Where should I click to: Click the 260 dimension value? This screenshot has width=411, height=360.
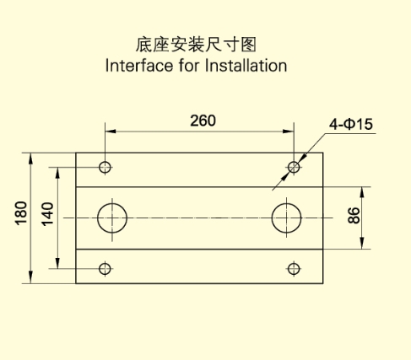coord(203,121)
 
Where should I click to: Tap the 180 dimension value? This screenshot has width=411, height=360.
coord(21,213)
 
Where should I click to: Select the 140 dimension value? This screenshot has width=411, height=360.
coord(47,214)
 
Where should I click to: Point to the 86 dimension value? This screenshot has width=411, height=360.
coord(354,215)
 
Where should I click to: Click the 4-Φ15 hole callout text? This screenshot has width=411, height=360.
coord(351,124)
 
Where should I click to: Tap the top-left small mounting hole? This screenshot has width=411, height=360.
coord(105,167)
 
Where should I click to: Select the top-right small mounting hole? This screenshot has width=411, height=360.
coord(294,167)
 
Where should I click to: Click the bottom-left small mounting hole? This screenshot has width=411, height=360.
coord(105,269)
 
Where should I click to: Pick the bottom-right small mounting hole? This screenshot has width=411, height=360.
coord(294,269)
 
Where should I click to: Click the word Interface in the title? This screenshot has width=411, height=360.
coord(139,66)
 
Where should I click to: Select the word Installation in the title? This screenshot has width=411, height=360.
coord(246,66)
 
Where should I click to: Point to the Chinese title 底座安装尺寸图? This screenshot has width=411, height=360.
coord(196,45)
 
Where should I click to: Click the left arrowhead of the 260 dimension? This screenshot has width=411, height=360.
coord(111,132)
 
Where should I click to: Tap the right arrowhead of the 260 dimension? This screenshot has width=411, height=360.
coord(289,132)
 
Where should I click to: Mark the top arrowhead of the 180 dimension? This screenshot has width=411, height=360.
coord(31,159)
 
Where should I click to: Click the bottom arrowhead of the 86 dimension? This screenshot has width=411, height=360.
coord(362,244)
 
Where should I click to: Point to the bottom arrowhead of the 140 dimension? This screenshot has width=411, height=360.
coord(57,263)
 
